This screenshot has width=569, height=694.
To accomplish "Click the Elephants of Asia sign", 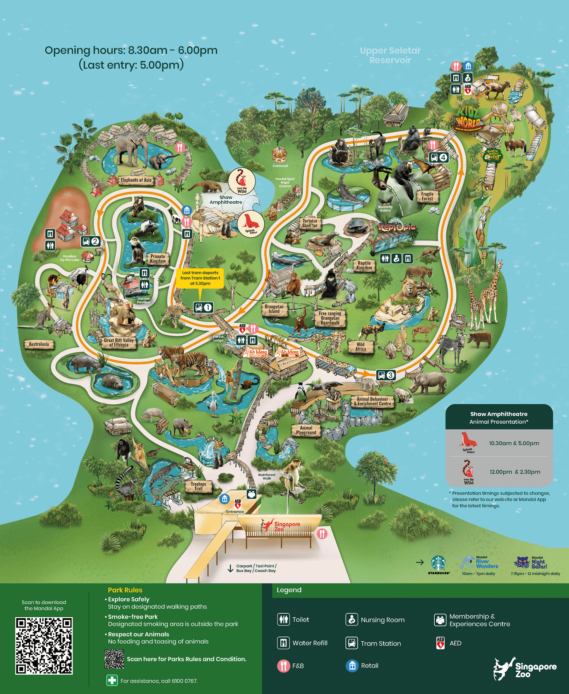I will click(136, 180).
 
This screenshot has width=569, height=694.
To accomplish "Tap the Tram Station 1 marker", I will click(203, 307).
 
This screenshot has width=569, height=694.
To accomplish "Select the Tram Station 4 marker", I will click(439, 158).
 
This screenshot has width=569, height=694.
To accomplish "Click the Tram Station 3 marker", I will click(386, 375).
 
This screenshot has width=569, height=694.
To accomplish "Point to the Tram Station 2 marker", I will click(91, 242).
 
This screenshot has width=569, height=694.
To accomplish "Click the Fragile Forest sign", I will click(427, 196).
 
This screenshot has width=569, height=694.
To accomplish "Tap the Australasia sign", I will click(39, 344).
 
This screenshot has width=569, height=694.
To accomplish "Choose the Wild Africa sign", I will click(361, 347).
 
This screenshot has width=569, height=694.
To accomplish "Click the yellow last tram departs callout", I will click(200, 278).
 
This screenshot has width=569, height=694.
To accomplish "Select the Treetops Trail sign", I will click(198, 486).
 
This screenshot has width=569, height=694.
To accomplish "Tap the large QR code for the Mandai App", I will click(44, 646).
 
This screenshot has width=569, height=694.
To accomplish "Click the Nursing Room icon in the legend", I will click(351, 620).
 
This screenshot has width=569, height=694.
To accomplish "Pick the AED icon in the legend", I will click(440, 643).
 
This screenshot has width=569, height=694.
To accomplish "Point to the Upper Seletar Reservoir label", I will click(390, 55).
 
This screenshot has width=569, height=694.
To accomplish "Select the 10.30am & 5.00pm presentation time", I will click(514, 443).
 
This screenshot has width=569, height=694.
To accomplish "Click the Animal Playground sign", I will click(306, 430).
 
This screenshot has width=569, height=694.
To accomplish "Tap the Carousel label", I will click(280, 166).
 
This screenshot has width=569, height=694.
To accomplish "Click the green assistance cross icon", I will click(112, 680).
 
